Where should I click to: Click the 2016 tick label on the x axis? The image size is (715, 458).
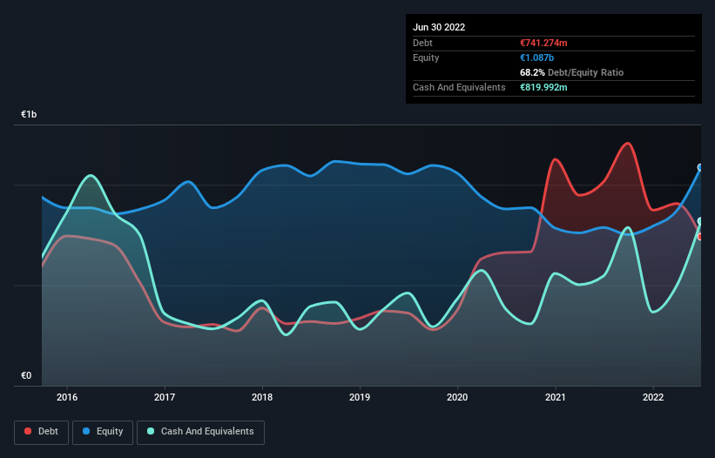tap(67, 398)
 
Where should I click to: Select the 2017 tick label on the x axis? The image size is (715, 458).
tap(165, 398)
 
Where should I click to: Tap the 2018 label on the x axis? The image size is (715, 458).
tap(262, 398)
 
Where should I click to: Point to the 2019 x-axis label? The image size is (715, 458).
tap(360, 398)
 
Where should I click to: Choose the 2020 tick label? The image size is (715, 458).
tap(457, 398)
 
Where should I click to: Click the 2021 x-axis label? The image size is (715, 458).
tap(555, 398)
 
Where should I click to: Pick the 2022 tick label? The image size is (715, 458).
tap(652, 398)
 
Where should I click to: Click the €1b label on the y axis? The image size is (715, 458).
tap(30, 115)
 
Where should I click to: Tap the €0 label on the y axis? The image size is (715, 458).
tap(26, 375)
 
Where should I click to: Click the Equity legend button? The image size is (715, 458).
tap(103, 431)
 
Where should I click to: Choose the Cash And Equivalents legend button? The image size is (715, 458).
tap(200, 431)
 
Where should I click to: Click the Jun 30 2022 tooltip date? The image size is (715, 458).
tap(439, 27)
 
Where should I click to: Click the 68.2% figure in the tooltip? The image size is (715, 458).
tap(533, 72)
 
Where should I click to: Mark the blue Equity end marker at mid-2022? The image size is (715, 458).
tap(700, 167)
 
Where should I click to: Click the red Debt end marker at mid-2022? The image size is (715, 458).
tap(700, 236)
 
